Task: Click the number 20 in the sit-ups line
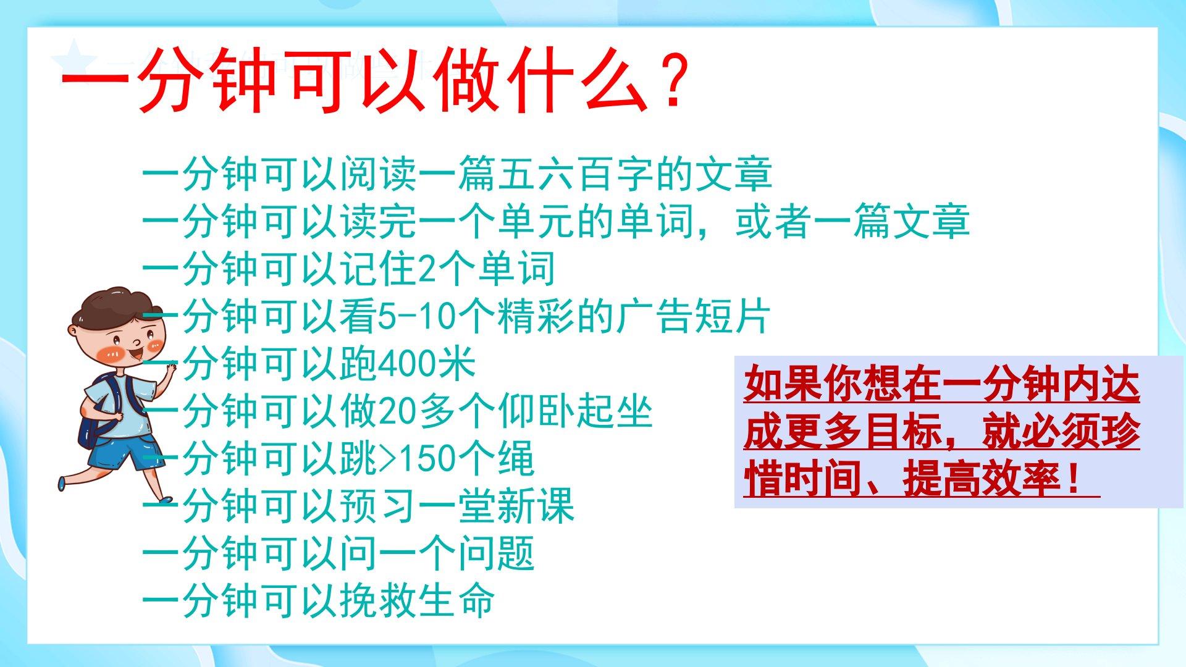[397, 411]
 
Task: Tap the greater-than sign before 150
[387, 459]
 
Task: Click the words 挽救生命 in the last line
[418, 601]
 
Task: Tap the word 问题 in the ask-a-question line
[495, 553]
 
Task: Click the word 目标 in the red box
[902, 432]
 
